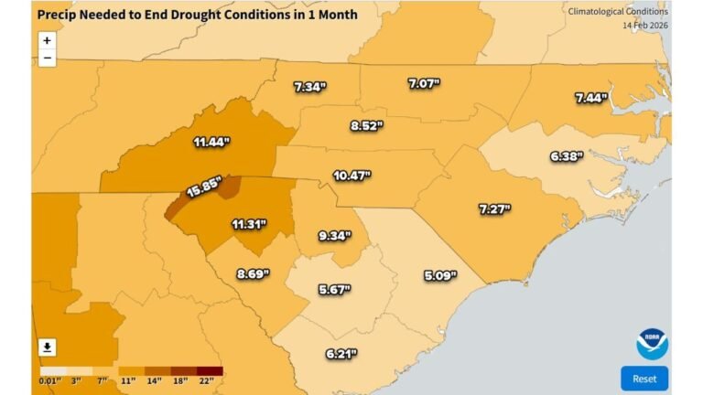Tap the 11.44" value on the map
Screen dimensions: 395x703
tap(211, 143)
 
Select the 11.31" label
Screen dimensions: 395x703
tap(250, 223)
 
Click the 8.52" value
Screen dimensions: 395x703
tap(368, 125)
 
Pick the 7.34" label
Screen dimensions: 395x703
tap(309, 88)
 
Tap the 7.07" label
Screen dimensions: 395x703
tap(425, 84)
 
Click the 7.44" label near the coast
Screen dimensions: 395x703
tap(591, 98)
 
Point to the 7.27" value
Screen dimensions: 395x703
tap(494, 209)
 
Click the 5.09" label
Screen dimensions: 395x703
tap(440, 274)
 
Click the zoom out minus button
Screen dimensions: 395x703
tap(47, 59)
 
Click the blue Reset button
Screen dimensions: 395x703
tap(644, 379)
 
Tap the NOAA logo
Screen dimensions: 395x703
tap(652, 344)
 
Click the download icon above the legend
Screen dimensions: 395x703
tap(47, 347)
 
